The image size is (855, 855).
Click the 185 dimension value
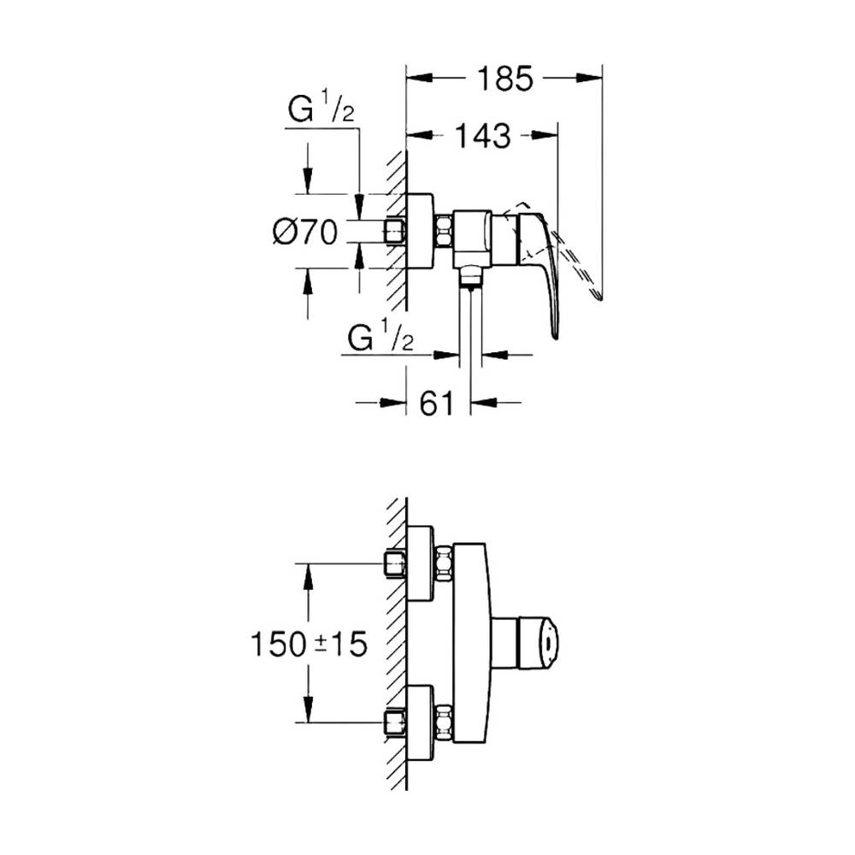click(x=504, y=79)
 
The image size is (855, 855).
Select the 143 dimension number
click(x=482, y=136)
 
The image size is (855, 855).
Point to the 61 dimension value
click(x=437, y=404)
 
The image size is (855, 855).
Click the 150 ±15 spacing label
click(x=309, y=644)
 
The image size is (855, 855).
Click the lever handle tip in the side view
click(x=555, y=335)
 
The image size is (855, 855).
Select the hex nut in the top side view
click(x=444, y=231)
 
